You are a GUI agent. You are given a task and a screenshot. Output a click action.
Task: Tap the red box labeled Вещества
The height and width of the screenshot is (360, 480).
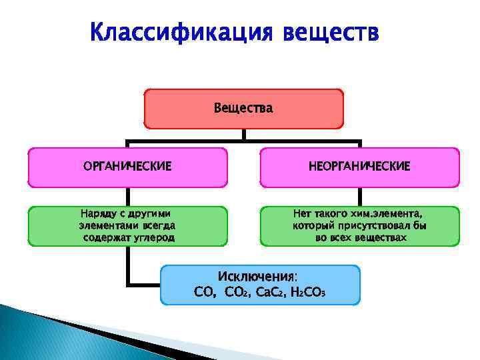click(x=243, y=109)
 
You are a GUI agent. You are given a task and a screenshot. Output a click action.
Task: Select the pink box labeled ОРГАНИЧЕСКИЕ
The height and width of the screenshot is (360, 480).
click(x=127, y=167)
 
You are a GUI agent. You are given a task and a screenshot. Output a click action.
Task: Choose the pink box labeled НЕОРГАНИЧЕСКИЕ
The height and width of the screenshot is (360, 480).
click(x=359, y=167)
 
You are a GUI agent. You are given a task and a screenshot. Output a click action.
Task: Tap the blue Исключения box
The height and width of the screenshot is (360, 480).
click(x=260, y=285)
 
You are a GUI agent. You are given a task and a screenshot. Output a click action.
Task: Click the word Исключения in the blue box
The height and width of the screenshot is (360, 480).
click(x=257, y=277)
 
